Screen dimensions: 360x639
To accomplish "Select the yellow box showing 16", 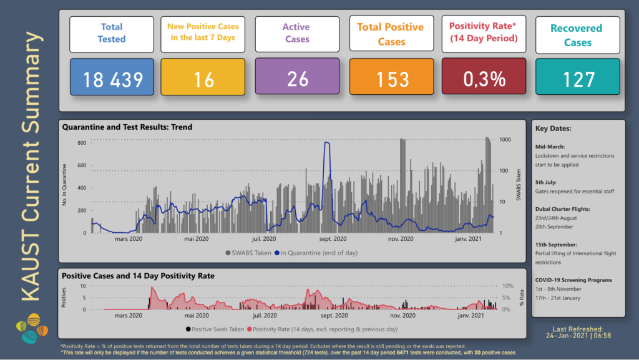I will pyautogui.click(x=204, y=79).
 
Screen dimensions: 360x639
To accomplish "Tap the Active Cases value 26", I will pyautogui.click(x=297, y=79).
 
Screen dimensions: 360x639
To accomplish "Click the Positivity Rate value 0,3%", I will pyautogui.click(x=484, y=79).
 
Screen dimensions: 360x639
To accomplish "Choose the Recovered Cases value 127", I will pyautogui.click(x=578, y=79).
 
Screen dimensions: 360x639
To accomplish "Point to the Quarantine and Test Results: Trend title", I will pyautogui.click(x=127, y=127).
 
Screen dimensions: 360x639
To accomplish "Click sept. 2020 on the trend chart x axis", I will pyautogui.click(x=333, y=239).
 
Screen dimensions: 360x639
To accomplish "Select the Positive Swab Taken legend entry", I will pyautogui.click(x=213, y=329).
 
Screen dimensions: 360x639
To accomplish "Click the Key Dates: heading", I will pyautogui.click(x=553, y=129).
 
